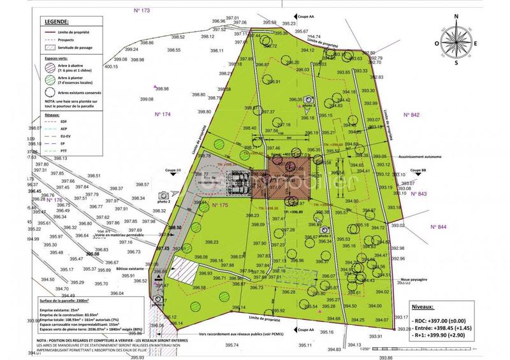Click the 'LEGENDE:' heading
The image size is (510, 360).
tap(56, 22)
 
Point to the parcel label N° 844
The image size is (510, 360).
tap(439, 227)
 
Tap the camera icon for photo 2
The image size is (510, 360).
tap(163, 194)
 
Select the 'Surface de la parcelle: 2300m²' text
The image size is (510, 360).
tap(55, 299)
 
